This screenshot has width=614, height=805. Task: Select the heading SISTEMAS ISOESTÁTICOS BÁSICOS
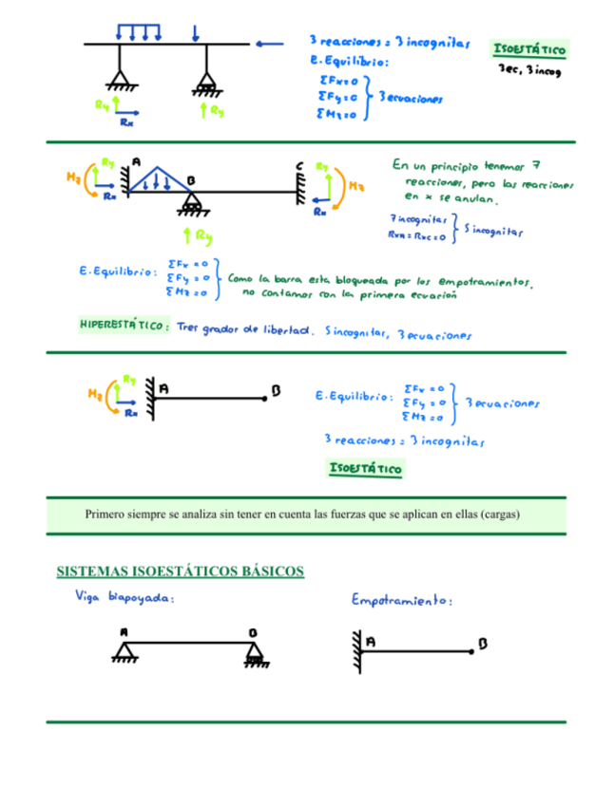[181, 571]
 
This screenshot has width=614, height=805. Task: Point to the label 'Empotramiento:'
[401, 601]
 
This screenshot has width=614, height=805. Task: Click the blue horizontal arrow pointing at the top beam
[270, 43]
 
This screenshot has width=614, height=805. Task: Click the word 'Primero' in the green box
[106, 515]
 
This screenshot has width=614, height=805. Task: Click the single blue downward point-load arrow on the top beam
[195, 31]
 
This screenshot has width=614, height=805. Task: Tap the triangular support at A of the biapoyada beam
[124, 652]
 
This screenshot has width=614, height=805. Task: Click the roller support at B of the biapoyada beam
[255, 653]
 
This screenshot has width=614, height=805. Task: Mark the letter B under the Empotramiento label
[483, 644]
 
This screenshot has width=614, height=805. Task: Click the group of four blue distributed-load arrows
[138, 31]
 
